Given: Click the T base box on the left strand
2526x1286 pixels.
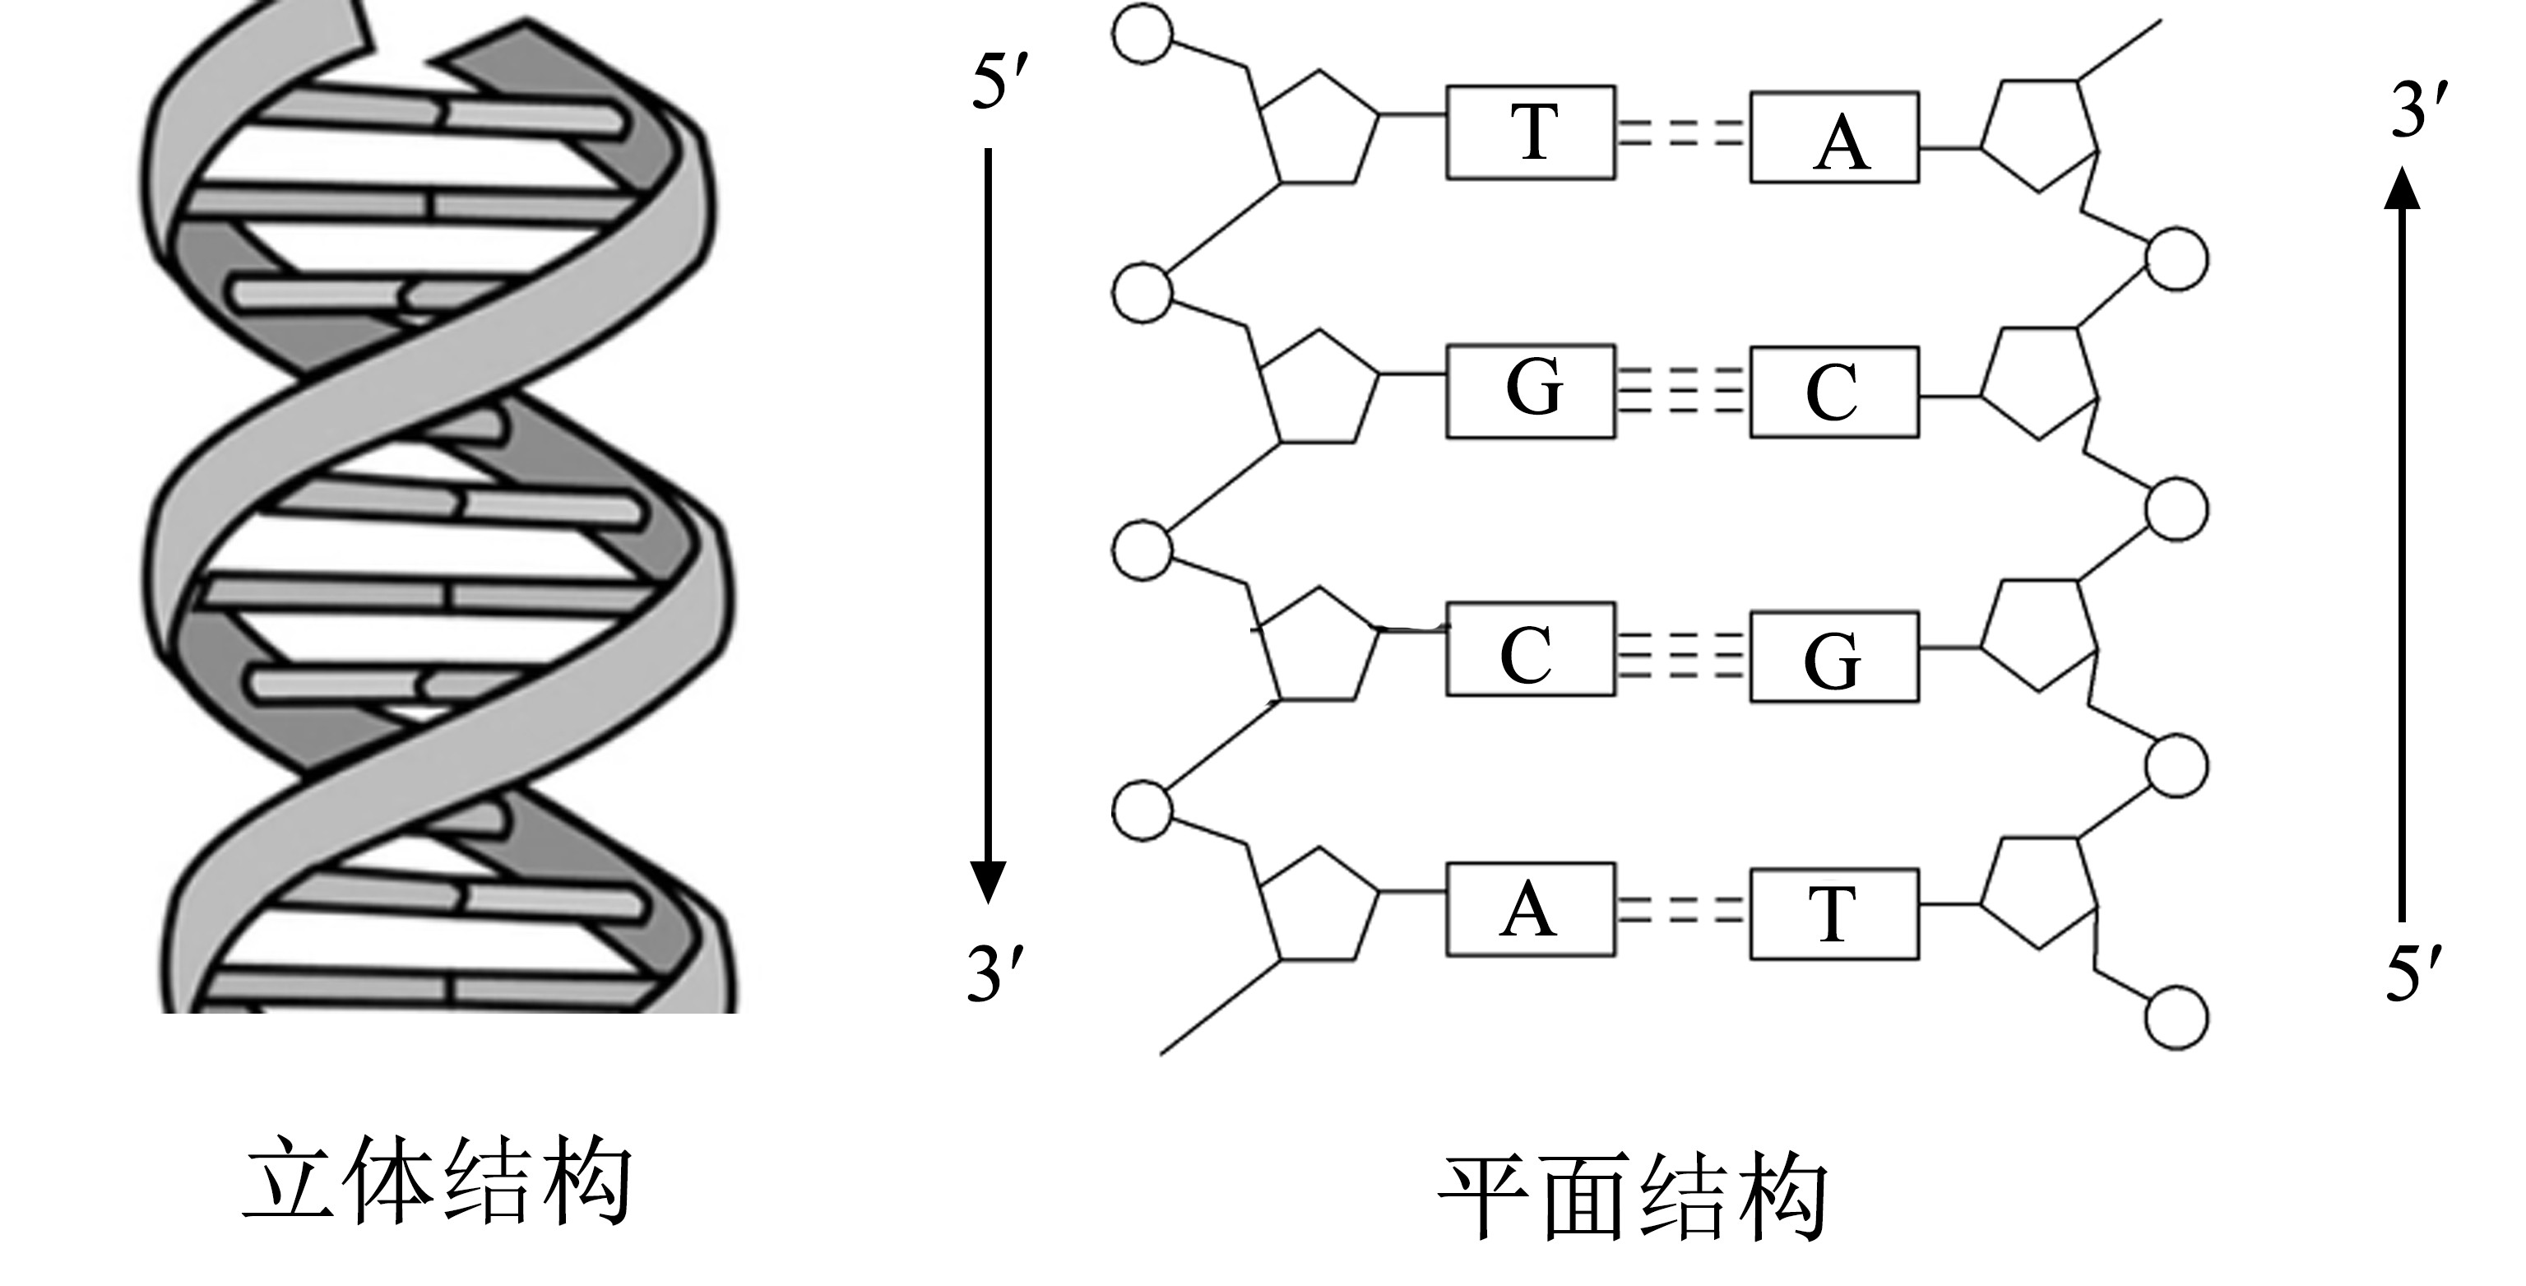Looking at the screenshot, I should tap(1530, 132).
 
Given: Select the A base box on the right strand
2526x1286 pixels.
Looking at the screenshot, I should tap(1833, 137).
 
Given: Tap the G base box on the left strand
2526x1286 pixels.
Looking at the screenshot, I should tap(1530, 391).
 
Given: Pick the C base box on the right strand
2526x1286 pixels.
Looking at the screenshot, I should tap(1833, 392).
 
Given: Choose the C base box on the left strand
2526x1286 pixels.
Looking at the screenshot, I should tap(1530, 649).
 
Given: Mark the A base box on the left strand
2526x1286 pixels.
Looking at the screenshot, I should tap(1530, 909).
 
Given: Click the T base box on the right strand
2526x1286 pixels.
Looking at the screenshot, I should tap(1833, 913).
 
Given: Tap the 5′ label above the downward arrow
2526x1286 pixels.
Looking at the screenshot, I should tap(999, 81).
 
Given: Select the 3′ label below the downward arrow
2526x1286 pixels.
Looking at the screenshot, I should tap(996, 973).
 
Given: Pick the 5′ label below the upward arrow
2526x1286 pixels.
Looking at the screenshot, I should tap(2413, 973).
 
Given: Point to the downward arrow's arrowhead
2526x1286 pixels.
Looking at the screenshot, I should tap(988, 881).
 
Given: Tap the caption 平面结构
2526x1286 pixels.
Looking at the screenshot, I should tap(1632, 1197).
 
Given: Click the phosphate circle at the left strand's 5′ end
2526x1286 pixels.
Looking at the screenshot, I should tap(1142, 35).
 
